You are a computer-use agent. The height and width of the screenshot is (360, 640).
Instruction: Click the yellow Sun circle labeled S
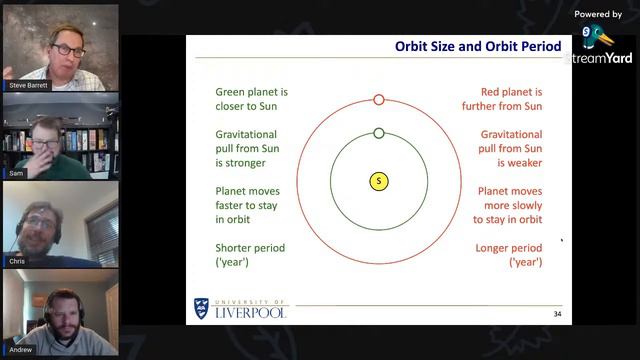pos(379,181)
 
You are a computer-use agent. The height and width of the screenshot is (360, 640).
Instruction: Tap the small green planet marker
pos(379,133)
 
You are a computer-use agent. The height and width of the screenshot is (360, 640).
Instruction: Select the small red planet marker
pos(379,99)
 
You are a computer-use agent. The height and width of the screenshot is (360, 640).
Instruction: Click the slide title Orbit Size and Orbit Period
pos(478,46)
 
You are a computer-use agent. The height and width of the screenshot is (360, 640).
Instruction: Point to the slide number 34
pos(557,314)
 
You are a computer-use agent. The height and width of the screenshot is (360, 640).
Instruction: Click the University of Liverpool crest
pos(202,309)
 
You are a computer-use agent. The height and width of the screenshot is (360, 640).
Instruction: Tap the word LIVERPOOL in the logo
pos(250,313)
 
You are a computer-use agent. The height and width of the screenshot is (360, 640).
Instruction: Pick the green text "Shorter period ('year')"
pos(250,254)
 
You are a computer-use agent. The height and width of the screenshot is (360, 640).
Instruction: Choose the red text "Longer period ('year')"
pos(509,254)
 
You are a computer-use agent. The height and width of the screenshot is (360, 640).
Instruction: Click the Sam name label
pos(16,173)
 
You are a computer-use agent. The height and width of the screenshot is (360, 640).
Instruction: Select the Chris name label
pos(17,260)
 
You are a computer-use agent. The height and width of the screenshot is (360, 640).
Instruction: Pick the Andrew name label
pos(21,349)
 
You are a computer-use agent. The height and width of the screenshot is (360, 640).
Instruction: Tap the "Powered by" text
pos(599,14)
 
